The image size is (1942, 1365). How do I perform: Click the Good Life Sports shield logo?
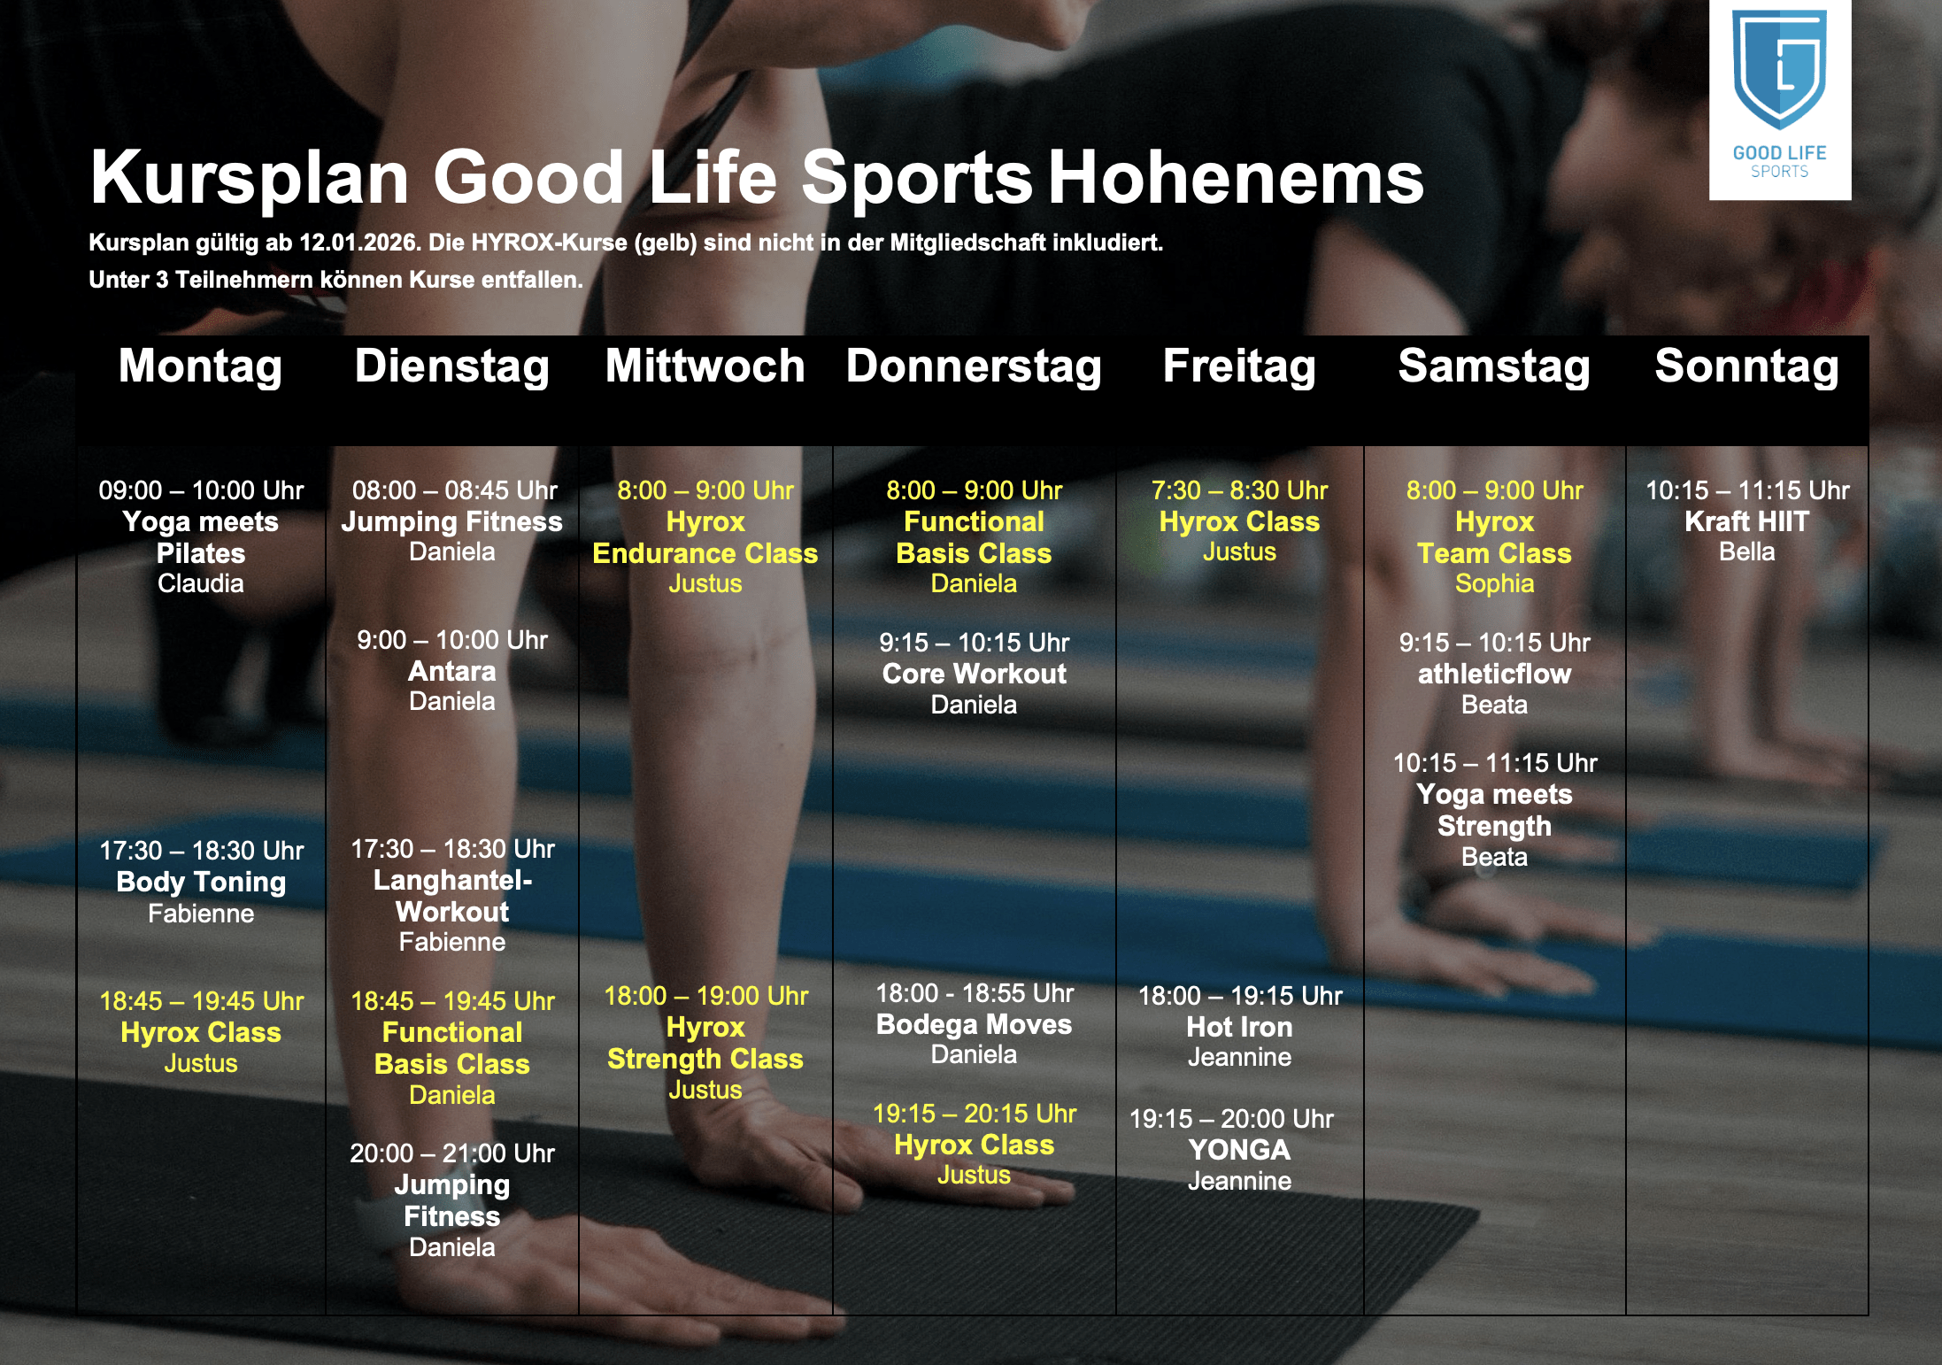click(x=1779, y=71)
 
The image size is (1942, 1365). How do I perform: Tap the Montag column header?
click(x=201, y=366)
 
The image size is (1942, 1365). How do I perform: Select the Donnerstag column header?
click(x=974, y=366)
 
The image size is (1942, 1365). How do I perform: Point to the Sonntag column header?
click(x=1747, y=366)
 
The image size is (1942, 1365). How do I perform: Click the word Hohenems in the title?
click(x=1237, y=177)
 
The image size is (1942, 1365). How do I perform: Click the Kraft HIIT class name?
click(x=1747, y=521)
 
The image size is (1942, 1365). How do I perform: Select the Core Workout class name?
click(x=974, y=674)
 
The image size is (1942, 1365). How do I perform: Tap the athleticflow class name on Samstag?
click(x=1494, y=674)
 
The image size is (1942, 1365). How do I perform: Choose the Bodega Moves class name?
click(x=974, y=1024)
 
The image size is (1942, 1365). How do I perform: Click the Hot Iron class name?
click(x=1239, y=1027)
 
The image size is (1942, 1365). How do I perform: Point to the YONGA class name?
click(x=1239, y=1150)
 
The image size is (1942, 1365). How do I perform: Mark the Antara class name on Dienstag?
click(x=452, y=671)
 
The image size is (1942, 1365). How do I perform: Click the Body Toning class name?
click(x=201, y=882)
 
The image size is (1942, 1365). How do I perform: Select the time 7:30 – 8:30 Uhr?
click(x=1239, y=490)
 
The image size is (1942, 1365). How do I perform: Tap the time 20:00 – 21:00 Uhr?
click(x=452, y=1153)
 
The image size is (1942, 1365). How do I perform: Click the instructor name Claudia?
click(x=201, y=583)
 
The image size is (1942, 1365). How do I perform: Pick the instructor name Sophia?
click(x=1494, y=584)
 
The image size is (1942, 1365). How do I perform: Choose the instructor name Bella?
click(x=1747, y=551)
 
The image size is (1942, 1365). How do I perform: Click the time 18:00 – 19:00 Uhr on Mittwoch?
click(x=705, y=996)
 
